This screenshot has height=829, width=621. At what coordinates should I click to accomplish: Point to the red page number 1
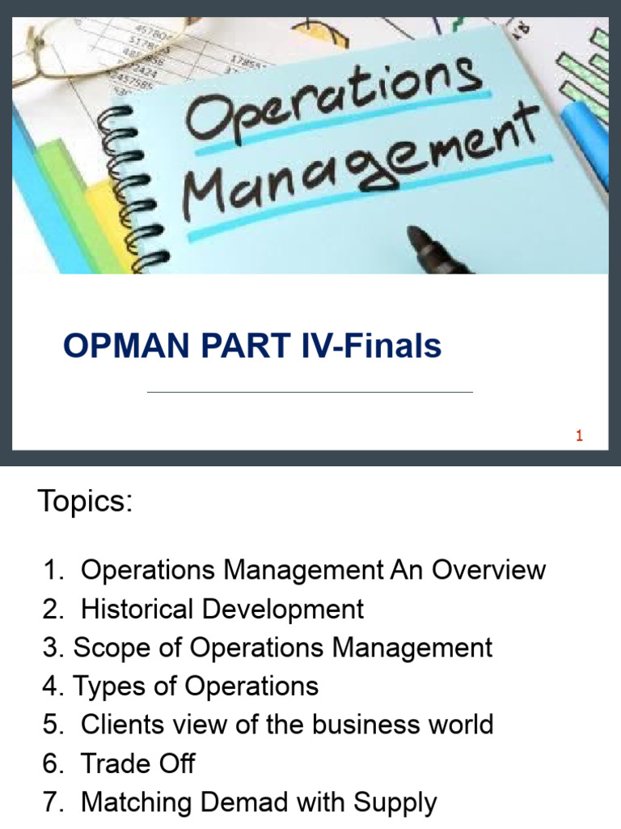point(579,436)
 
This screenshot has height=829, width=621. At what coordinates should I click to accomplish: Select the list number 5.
point(52,725)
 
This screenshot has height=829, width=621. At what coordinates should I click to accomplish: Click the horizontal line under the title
point(310,393)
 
